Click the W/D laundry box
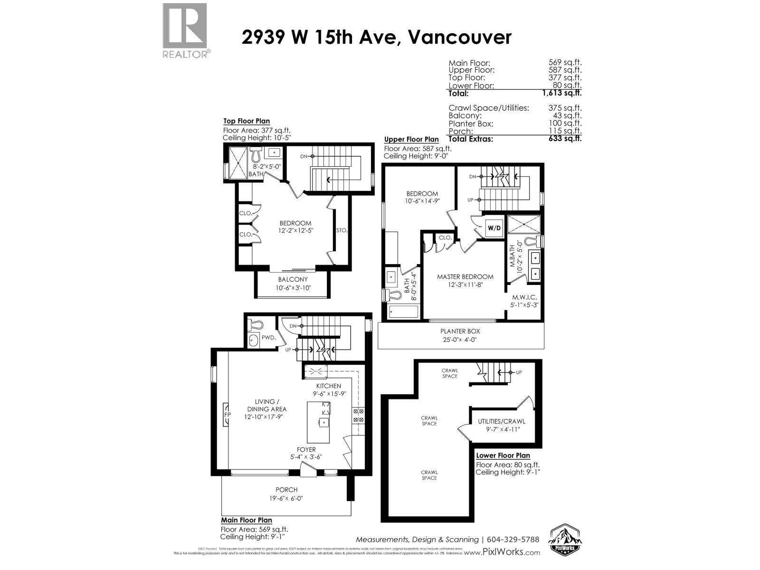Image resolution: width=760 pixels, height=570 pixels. (x=494, y=228)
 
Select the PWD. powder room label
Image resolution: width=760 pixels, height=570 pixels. (x=268, y=337)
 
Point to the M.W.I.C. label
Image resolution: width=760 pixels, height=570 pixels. (x=524, y=297)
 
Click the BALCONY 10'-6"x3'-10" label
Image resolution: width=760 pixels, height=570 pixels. (x=293, y=284)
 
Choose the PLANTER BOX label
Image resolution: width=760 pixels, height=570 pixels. (x=460, y=331)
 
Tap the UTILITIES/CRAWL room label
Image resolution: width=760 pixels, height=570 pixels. (x=502, y=421)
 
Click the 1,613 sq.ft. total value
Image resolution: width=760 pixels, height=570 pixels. (x=562, y=94)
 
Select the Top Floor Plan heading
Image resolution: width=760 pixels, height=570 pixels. (x=247, y=121)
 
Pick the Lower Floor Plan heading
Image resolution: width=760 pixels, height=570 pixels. (x=503, y=455)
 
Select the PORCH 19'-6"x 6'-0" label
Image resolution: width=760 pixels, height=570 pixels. (x=286, y=494)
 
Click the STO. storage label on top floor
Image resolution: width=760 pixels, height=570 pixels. (x=342, y=230)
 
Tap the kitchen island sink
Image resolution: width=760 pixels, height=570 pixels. (x=324, y=421)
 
